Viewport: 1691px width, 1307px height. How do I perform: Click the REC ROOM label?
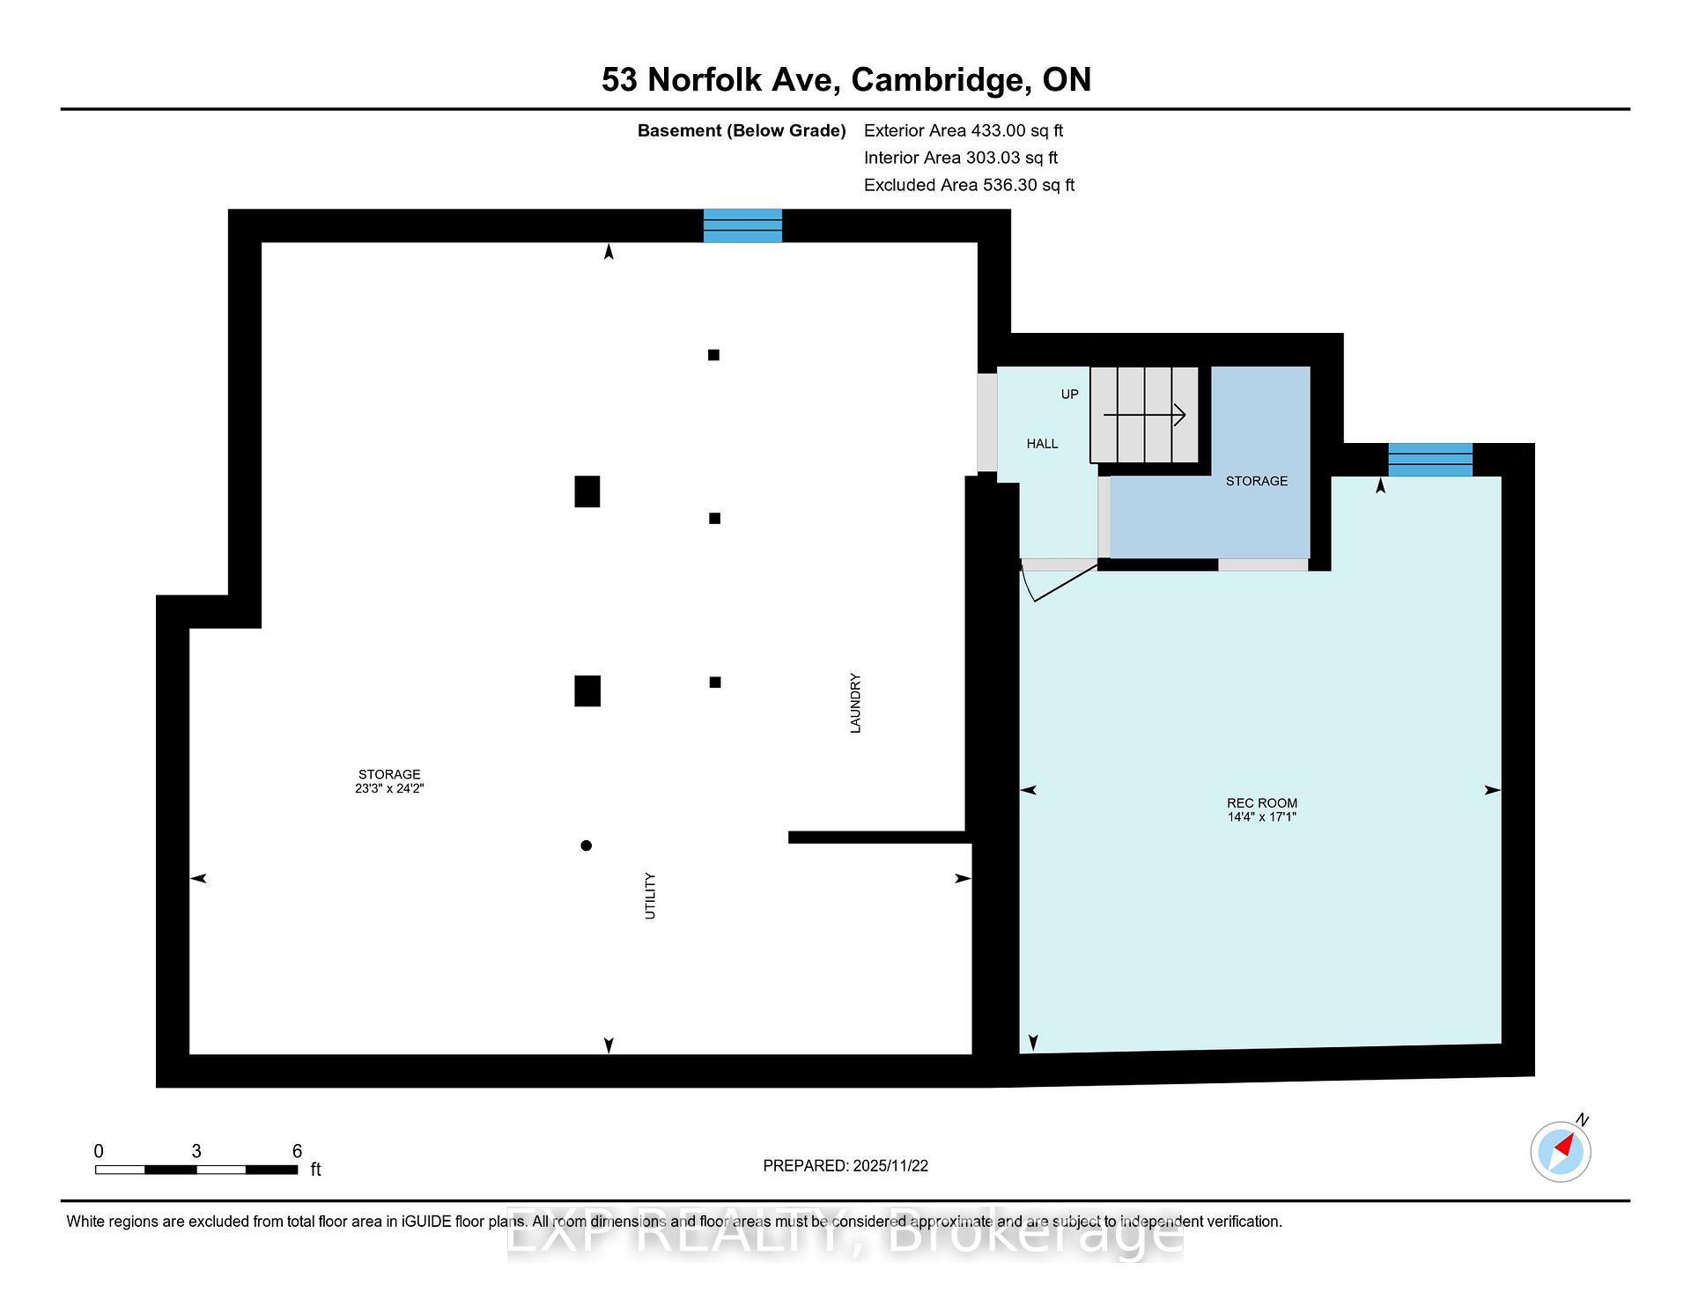coord(1262,803)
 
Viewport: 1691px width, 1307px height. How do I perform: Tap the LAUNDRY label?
coord(855,703)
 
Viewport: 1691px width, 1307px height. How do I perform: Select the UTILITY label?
coord(650,896)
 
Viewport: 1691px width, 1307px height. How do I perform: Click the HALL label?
coord(1042,444)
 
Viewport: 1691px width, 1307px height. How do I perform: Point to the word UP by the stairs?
coord(1069,395)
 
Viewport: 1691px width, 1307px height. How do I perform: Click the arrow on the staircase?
coord(1144,414)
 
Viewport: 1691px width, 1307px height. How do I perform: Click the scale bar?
coord(196,1170)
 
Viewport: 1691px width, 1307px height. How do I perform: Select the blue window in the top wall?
coord(742,225)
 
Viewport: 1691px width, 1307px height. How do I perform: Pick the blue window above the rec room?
coord(1430,460)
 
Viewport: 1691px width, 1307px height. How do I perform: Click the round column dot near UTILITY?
coord(587,845)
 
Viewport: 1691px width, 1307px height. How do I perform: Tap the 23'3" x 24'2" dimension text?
coord(389,789)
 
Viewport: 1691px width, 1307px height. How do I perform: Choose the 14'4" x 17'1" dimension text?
coord(1262,817)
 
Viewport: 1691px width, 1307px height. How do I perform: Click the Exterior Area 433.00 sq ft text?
coord(964,131)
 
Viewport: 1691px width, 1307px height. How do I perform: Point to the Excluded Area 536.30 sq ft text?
coord(970,185)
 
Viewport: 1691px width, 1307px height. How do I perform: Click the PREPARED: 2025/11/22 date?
coord(845,1166)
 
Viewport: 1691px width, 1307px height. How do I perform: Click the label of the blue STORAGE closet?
coord(1257,481)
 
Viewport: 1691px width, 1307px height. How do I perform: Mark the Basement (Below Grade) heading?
coord(742,131)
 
